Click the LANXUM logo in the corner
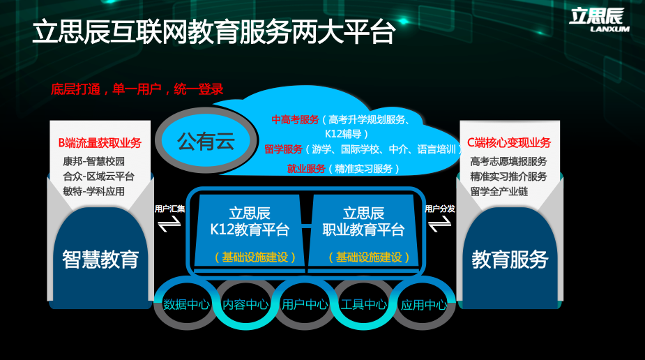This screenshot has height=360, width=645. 599,20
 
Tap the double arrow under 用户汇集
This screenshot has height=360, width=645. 169,224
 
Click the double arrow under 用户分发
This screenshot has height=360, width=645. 440,224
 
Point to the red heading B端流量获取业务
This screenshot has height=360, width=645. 100,143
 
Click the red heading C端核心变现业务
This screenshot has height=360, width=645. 509,143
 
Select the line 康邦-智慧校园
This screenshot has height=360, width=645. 94,161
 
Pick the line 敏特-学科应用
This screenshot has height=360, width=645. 94,191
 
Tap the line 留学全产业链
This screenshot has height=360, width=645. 499,191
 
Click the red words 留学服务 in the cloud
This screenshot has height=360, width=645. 283,149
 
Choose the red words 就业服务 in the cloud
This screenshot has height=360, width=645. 306,169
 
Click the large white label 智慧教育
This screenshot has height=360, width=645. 100,260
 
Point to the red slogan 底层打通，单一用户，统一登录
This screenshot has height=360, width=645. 137,89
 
